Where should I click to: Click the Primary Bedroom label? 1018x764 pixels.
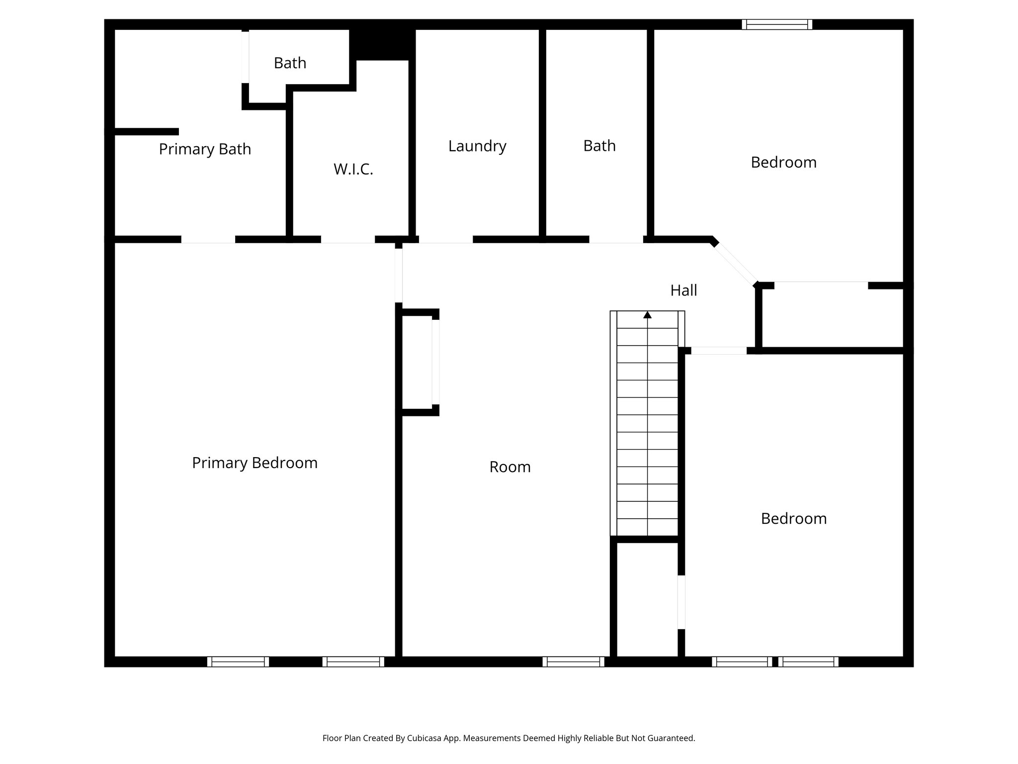(254, 463)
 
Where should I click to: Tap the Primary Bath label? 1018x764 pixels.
(205, 149)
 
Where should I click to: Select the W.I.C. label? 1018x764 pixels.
(353, 170)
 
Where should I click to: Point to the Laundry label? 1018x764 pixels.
(477, 146)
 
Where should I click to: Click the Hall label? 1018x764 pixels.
(683, 290)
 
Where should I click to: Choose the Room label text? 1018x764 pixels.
(510, 467)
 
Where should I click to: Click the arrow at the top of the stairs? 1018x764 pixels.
(647, 315)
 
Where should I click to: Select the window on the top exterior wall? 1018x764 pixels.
(777, 24)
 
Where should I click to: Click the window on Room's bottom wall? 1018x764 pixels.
(573, 662)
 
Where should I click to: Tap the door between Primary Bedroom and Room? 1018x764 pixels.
(399, 275)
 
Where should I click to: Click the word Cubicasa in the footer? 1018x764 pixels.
(426, 738)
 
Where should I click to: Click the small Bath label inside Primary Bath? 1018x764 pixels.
(290, 63)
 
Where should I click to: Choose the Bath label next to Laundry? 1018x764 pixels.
(599, 146)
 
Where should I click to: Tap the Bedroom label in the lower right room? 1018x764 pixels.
(794, 519)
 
